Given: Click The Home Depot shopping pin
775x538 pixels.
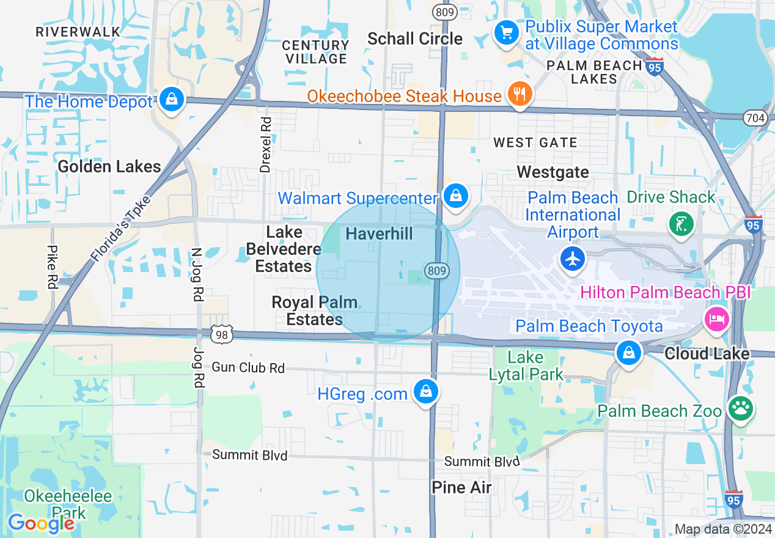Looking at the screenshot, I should tap(172, 99).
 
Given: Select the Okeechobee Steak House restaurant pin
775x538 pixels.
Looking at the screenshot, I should tap(520, 94).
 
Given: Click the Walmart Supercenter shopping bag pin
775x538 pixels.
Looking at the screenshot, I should tap(456, 196).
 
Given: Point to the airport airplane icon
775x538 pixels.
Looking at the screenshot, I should tap(573, 259).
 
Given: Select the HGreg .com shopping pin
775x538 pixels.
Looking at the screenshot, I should tap(425, 392).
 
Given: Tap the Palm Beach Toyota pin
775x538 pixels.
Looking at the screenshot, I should tap(628, 353).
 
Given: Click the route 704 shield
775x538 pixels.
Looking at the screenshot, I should tap(756, 118).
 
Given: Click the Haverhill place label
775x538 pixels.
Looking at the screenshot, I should tap(379, 234).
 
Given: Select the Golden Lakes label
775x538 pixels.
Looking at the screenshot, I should tap(109, 166).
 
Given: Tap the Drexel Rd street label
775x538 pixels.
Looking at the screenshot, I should tap(265, 145).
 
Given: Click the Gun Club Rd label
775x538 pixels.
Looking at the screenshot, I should tap(248, 367).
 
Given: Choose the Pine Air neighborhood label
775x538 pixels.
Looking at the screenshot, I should tap(461, 487).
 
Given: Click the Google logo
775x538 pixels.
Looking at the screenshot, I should tap(41, 523).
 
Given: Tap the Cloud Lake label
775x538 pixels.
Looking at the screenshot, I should tap(707, 353).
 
